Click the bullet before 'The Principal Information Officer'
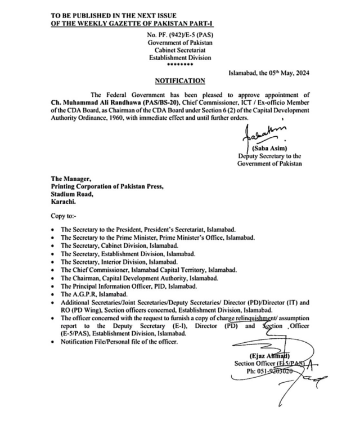[x=52, y=287]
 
